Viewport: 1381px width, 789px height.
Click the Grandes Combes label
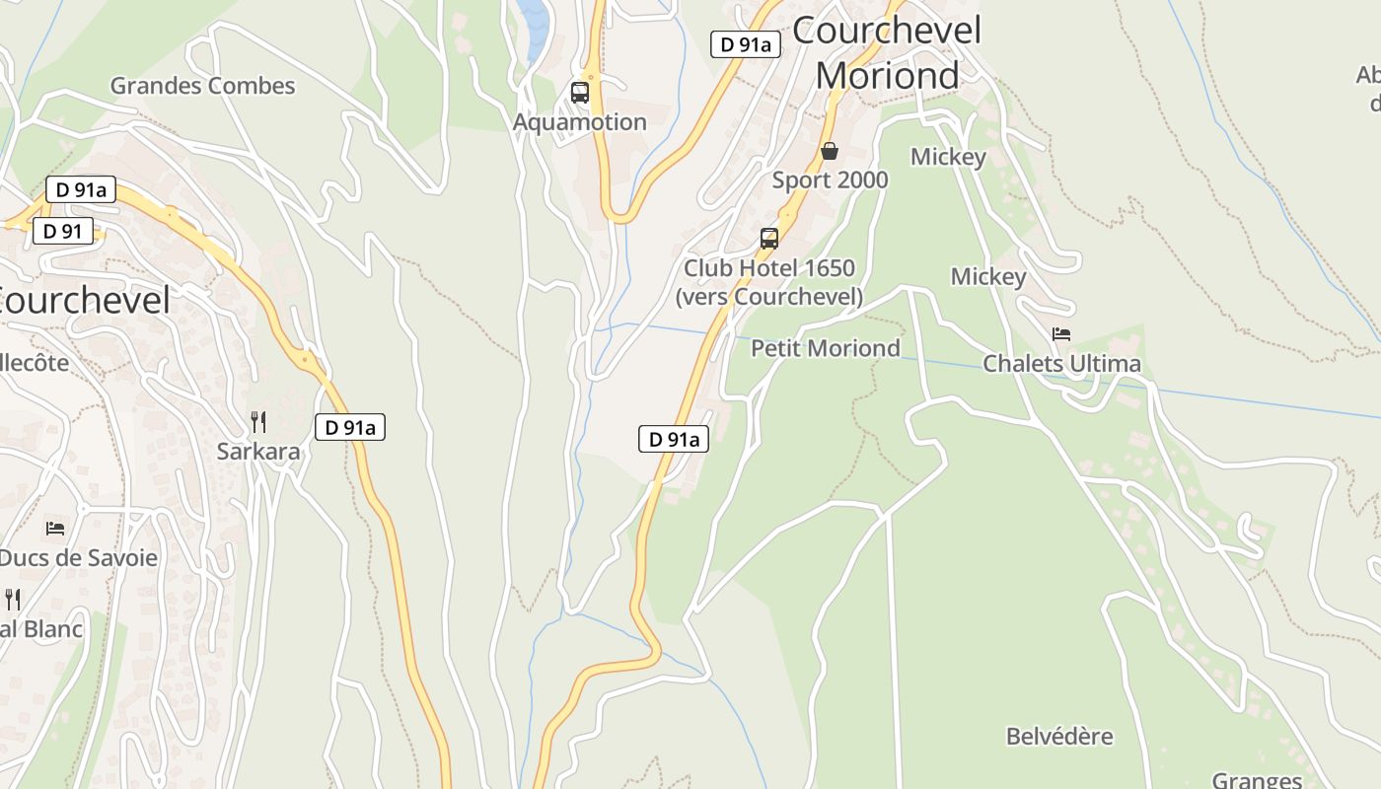point(202,86)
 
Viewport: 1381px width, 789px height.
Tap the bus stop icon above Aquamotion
point(580,93)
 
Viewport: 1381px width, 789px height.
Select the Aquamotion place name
point(580,122)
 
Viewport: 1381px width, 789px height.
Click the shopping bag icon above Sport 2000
point(830,151)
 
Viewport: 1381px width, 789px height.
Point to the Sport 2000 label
point(830,180)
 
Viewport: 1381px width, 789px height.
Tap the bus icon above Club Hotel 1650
point(769,239)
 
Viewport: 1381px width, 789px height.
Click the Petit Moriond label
point(826,348)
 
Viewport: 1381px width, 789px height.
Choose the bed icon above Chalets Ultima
point(1061,334)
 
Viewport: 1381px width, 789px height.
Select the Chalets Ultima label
point(1061,364)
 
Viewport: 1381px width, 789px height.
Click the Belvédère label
point(1059,737)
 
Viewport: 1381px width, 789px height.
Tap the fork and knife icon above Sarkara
point(258,422)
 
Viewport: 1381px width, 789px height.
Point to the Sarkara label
point(258,452)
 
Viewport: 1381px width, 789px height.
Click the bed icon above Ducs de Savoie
point(55,529)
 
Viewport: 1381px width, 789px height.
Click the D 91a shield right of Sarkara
point(350,427)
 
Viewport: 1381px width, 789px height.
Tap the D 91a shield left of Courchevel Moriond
point(746,44)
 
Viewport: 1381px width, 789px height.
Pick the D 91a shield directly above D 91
point(81,190)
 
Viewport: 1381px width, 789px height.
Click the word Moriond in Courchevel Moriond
point(888,76)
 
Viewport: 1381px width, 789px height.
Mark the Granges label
point(1257,780)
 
